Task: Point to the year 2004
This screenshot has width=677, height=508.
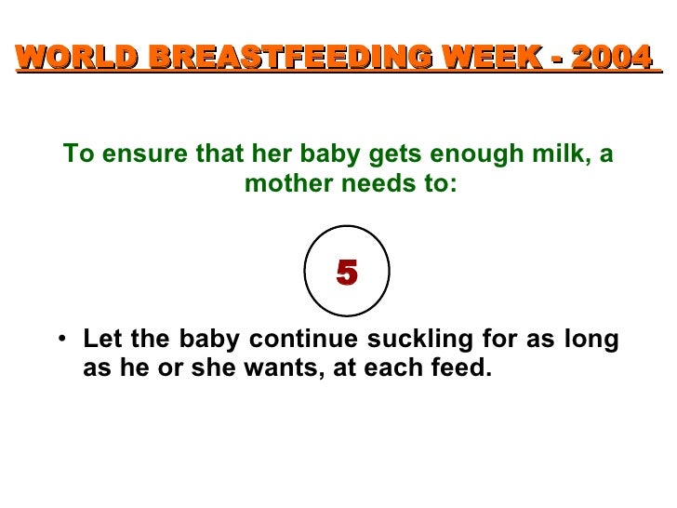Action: (608, 58)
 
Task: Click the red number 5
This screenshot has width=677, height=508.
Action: (347, 273)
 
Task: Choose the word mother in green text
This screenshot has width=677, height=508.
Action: (283, 183)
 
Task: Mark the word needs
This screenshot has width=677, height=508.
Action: (372, 183)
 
